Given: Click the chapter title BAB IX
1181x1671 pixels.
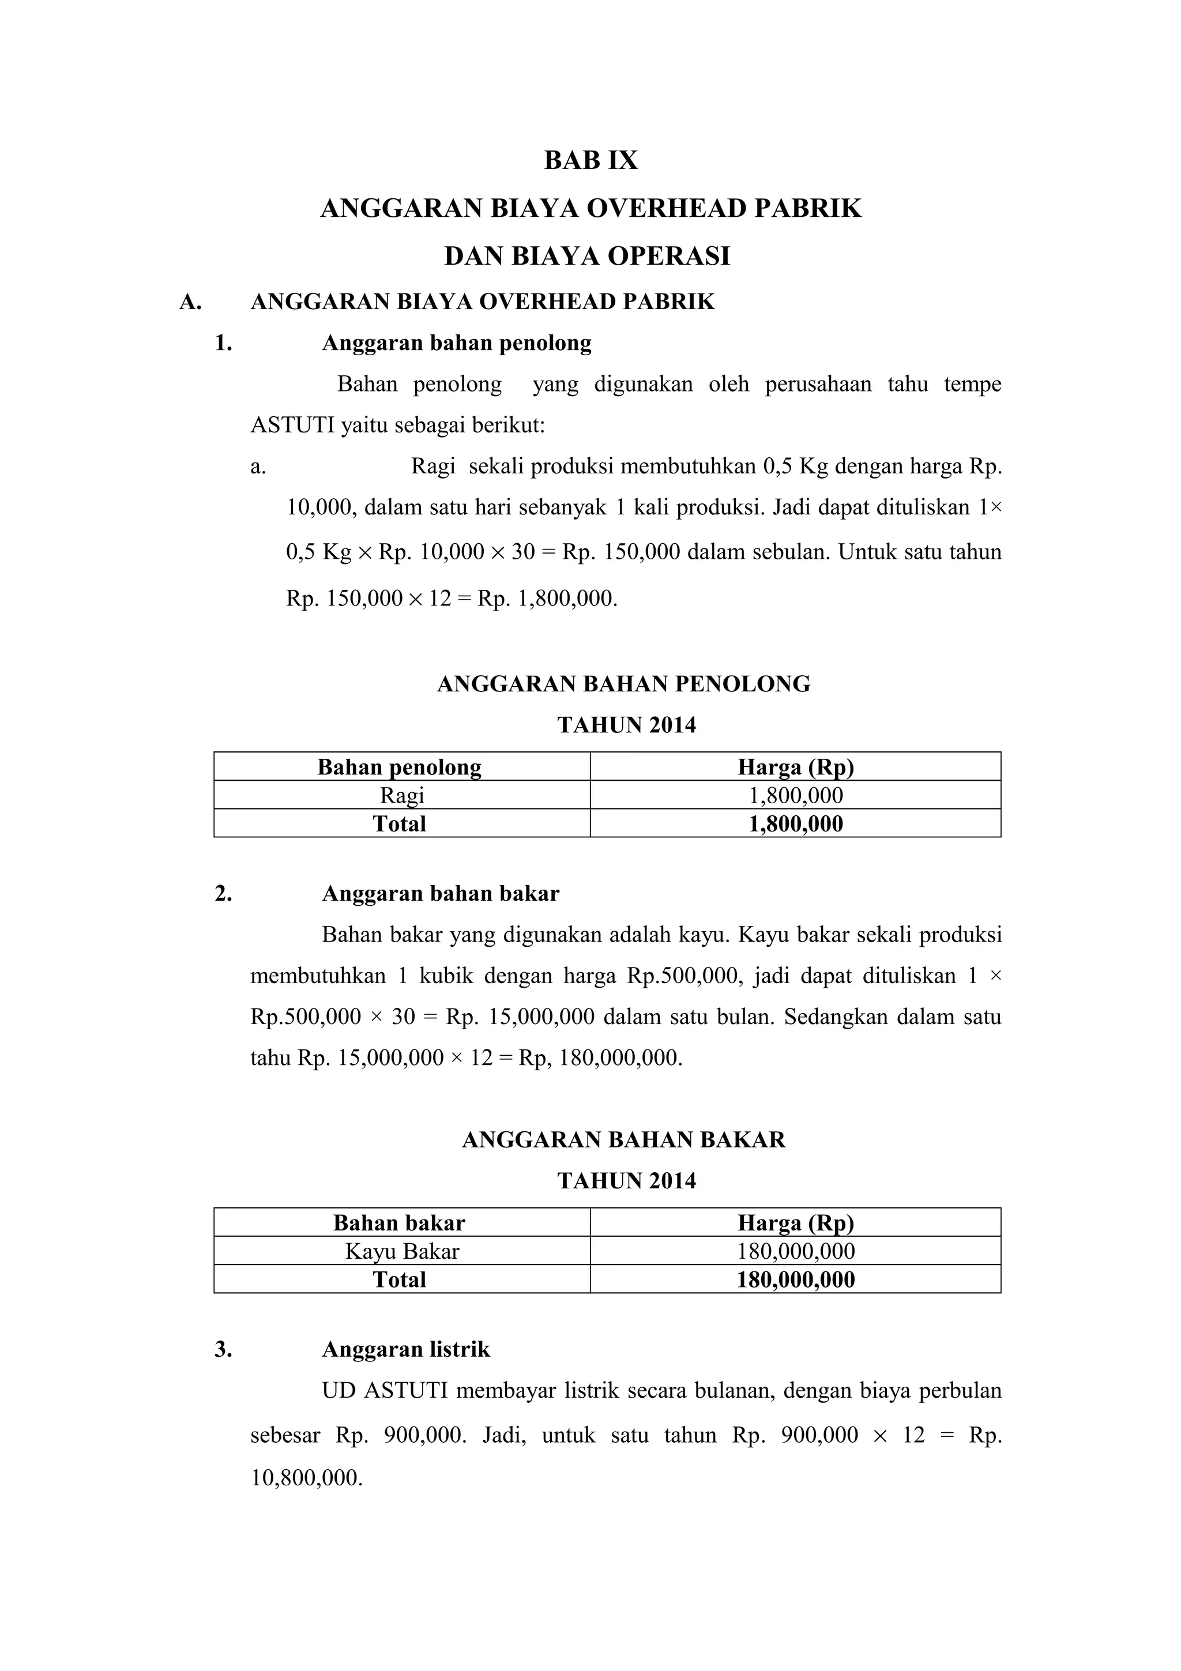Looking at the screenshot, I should tap(590, 160).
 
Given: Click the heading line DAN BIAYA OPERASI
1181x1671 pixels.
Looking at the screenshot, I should tap(586, 256).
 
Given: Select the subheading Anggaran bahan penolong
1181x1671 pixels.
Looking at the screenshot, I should tap(456, 343).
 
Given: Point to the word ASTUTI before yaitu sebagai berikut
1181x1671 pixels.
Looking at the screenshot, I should tap(292, 425).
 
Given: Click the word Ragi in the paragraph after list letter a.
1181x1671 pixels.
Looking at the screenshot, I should tap(432, 466).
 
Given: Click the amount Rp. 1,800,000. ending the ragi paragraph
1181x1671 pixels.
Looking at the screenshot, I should tap(547, 599).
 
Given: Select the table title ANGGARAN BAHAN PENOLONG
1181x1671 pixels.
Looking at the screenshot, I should tap(623, 683).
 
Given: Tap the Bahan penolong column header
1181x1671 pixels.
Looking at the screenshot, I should tap(400, 767).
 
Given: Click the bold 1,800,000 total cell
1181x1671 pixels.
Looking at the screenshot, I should tap(795, 824).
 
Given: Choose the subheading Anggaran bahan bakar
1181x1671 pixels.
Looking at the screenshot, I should tap(440, 894).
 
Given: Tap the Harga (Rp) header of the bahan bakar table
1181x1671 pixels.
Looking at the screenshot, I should tap(795, 1222).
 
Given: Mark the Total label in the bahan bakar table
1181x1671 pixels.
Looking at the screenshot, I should tap(400, 1279).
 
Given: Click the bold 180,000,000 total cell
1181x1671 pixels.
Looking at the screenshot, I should tap(795, 1279).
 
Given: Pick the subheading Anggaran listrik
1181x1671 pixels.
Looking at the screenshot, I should tap(406, 1349).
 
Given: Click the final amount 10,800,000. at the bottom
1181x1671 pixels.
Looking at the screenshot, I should tap(306, 1477).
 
